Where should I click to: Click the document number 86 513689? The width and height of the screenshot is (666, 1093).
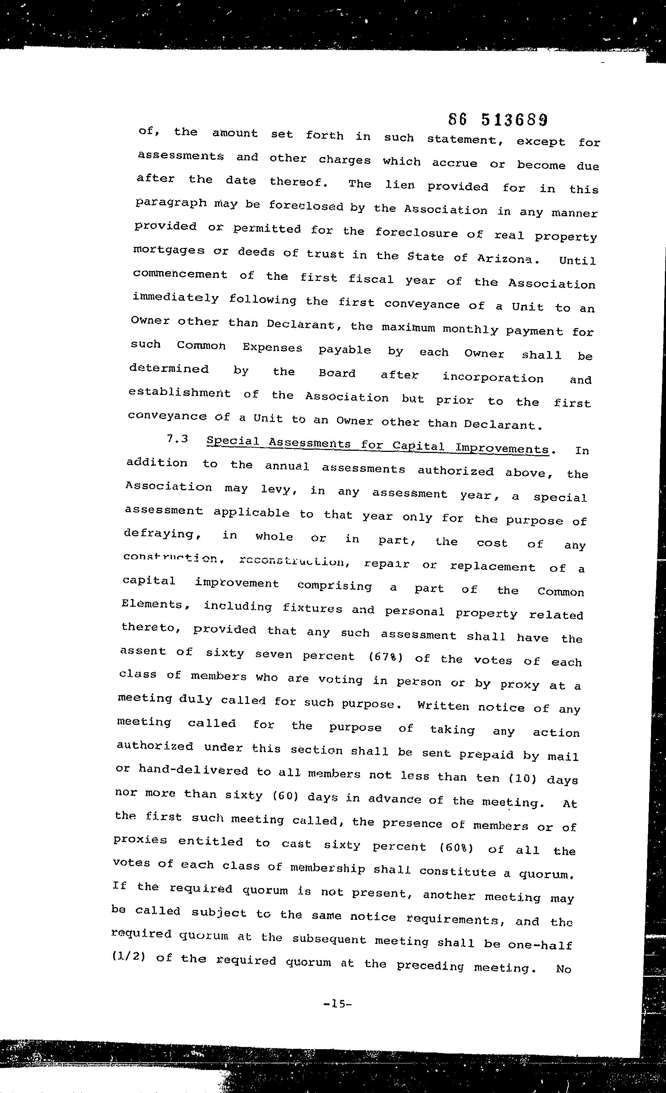coord(498,120)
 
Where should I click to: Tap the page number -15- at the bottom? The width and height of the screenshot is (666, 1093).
coord(338,1003)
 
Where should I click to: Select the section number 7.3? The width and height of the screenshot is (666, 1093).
coord(177,439)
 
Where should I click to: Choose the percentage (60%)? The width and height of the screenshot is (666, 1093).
coord(456,848)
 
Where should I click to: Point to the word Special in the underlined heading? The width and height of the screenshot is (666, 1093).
coord(233,441)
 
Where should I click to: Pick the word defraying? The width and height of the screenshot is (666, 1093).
coord(159,534)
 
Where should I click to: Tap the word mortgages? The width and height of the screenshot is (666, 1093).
coord(168,250)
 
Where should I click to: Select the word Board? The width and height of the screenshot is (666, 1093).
coord(337,373)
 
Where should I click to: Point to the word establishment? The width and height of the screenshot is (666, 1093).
coord(180,393)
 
